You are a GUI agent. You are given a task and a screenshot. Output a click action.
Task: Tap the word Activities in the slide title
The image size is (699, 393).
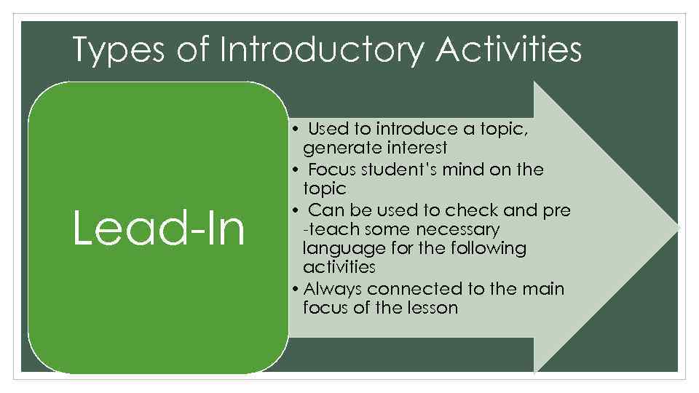click(510, 51)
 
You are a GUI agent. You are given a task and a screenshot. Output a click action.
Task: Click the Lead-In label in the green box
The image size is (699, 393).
click(159, 228)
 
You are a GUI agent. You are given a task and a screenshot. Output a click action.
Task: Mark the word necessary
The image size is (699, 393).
click(457, 229)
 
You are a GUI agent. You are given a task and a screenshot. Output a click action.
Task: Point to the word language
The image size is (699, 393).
click(341, 248)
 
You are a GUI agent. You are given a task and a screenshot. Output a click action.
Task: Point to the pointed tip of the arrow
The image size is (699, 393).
click(679, 228)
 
